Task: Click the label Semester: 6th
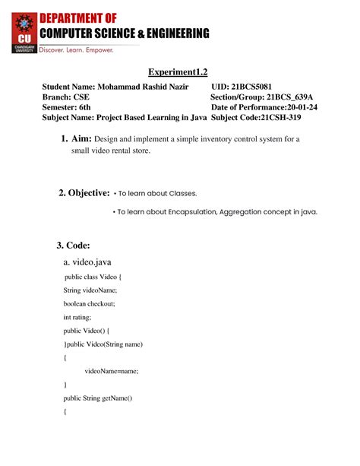click(68, 107)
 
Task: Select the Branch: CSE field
click(65, 97)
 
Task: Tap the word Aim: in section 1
click(81, 139)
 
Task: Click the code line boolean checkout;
click(90, 303)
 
